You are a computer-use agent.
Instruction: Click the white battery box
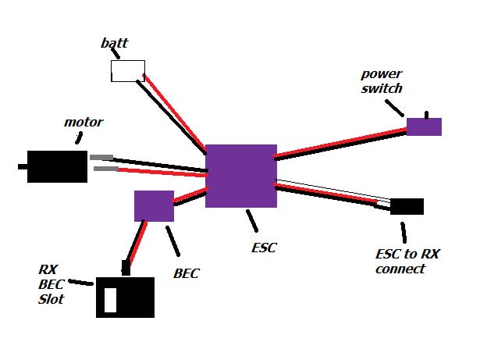coord(127,71)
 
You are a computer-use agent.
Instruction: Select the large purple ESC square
coord(240,176)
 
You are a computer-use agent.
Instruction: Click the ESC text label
coord(265,248)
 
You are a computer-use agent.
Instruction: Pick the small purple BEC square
coord(154,206)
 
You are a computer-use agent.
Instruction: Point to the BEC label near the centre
coord(187,273)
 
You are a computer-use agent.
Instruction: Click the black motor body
coord(57,166)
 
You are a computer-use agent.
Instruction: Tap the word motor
coord(84,123)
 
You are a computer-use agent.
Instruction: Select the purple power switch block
coord(424,127)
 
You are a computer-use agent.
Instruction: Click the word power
coord(380,75)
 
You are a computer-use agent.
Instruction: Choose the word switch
coord(382,89)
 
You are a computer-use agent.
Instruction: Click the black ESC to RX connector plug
coord(407,207)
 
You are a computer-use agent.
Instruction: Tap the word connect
coord(400,269)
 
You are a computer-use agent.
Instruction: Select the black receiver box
coord(125,298)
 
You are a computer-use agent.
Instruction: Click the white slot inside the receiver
coord(111,300)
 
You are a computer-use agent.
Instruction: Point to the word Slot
coord(52,299)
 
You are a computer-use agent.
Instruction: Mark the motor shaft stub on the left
coord(23,166)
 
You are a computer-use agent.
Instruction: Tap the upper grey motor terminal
coord(101,158)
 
